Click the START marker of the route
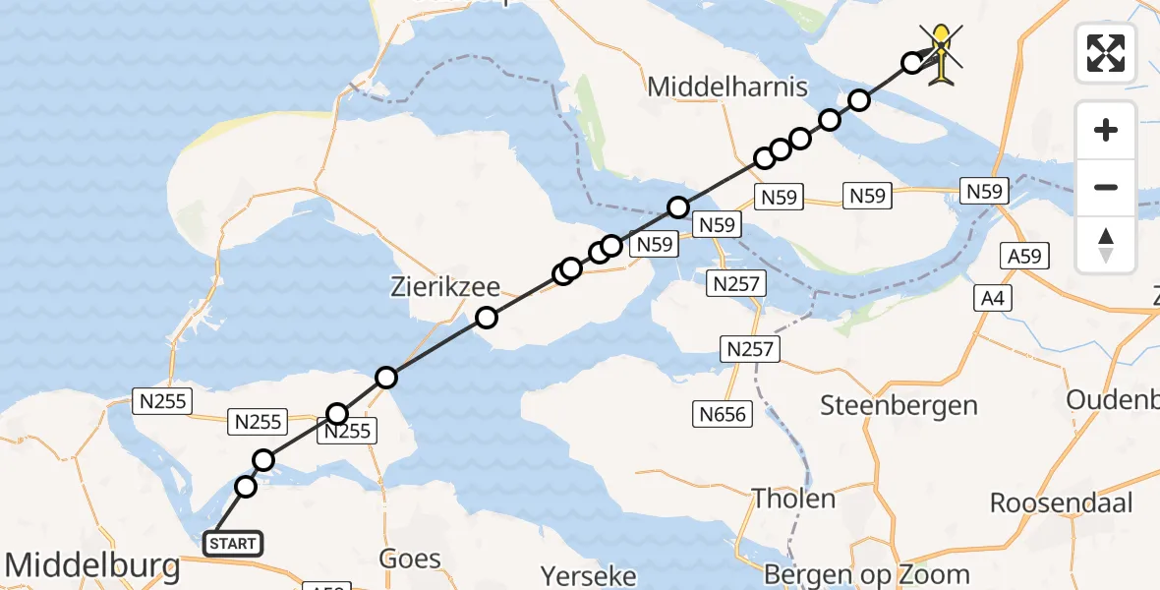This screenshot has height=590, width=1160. (x=233, y=543)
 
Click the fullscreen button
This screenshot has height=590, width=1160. (x=1106, y=53)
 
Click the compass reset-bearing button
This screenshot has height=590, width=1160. (x=1106, y=245)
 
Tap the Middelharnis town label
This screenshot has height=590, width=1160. (x=727, y=88)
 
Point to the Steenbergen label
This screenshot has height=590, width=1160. (x=899, y=405)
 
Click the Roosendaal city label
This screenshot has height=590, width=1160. (x=1061, y=502)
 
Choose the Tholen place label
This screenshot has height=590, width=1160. (x=793, y=498)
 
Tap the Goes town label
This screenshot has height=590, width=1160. (x=410, y=560)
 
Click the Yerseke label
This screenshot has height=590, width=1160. (x=589, y=574)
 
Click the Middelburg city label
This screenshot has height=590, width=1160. (x=92, y=565)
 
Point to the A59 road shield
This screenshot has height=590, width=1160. (x=1024, y=257)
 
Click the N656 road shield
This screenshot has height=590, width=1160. (x=724, y=414)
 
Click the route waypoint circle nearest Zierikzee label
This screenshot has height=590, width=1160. (x=486, y=317)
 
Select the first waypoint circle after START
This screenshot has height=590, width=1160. (x=246, y=487)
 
